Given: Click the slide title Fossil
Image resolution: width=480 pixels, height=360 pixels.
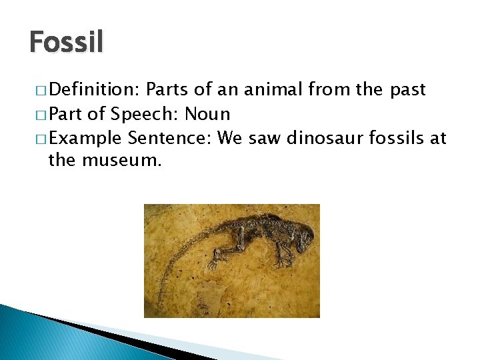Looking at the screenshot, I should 67,42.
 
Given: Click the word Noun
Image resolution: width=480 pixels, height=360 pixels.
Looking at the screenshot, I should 207,114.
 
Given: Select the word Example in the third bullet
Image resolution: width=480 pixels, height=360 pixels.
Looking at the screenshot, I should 85,138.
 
